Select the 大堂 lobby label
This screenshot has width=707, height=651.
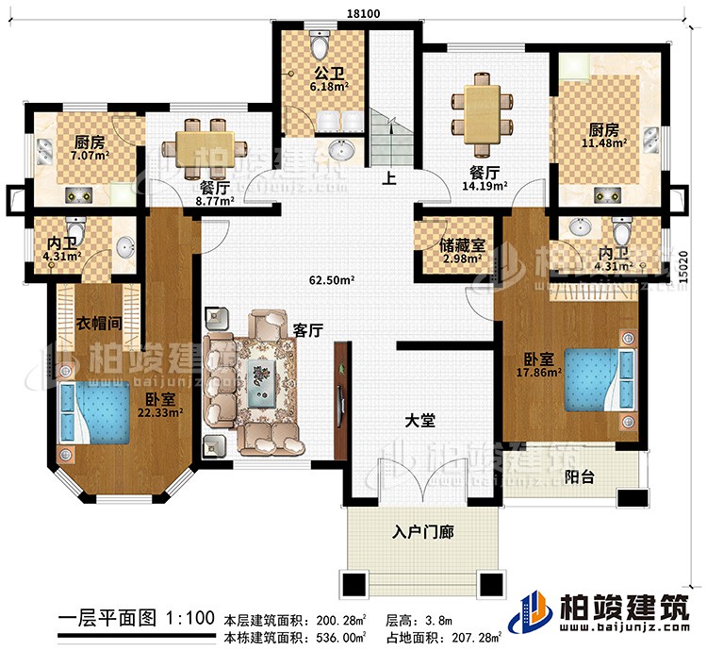pos(420,421)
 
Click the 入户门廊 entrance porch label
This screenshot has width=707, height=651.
pos(422,532)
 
